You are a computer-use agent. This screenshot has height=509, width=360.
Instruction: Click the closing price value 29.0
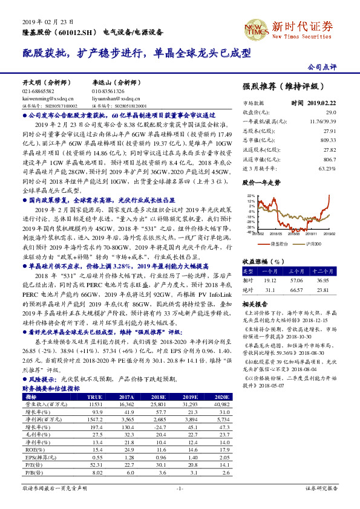point(330,112)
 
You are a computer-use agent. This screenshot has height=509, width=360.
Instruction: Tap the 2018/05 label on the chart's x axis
point(277,233)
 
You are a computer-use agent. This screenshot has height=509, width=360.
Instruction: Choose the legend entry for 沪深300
point(313,243)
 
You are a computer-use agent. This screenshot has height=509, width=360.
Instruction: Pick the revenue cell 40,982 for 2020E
point(222,404)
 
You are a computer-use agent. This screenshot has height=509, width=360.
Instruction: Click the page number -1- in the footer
point(180,488)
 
